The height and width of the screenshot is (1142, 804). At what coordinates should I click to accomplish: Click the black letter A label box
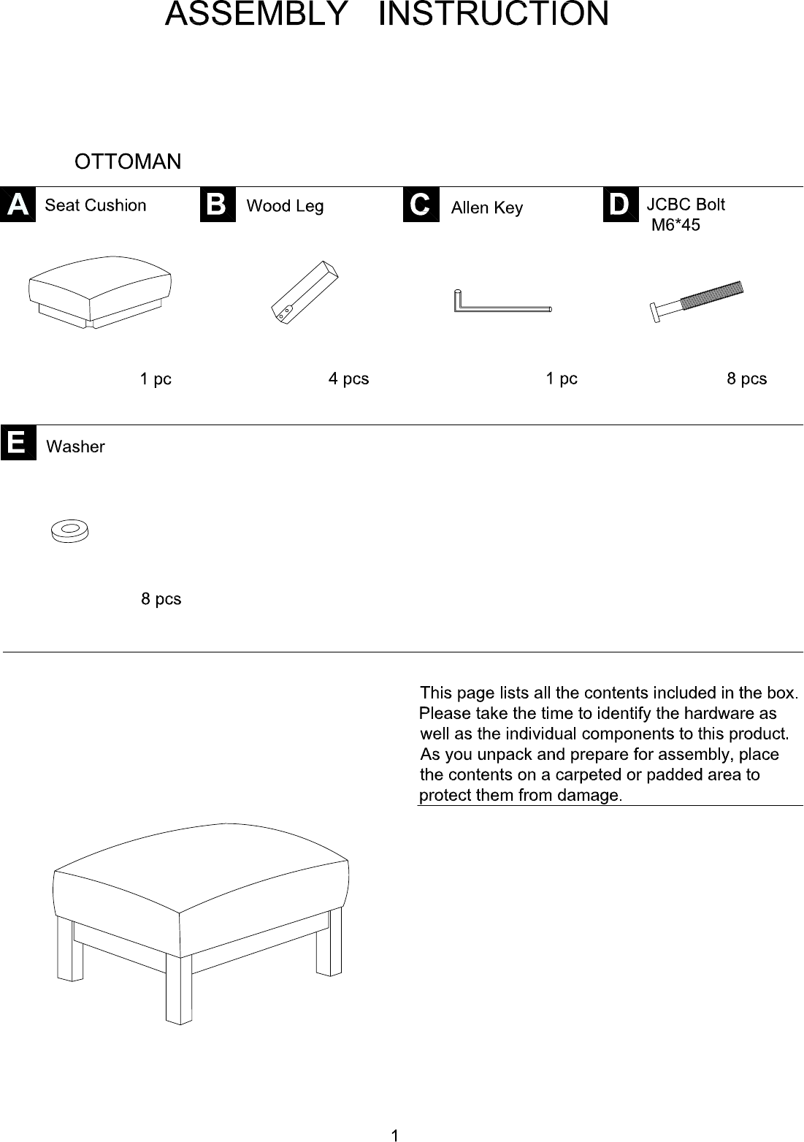[18, 205]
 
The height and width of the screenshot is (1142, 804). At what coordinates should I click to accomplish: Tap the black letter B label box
[218, 205]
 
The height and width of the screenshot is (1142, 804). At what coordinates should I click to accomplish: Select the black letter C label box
[421, 205]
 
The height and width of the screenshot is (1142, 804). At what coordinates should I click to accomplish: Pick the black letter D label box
[621, 205]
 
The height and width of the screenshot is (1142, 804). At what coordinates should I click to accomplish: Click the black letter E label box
[18, 443]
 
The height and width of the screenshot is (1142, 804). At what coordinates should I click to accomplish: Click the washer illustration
[70, 531]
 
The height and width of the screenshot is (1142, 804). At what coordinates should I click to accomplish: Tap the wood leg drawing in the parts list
[305, 293]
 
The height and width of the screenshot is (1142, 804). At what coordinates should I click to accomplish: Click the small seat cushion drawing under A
[100, 292]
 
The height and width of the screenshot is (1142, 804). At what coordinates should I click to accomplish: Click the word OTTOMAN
[128, 161]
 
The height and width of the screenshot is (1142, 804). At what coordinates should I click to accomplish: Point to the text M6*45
[675, 225]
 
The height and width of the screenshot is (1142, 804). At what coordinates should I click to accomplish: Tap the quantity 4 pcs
[348, 378]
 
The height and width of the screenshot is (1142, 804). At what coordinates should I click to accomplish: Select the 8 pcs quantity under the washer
[161, 598]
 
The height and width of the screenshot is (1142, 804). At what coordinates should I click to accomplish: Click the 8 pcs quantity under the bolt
[746, 378]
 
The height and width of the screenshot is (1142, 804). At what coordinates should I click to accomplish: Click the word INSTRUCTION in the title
[493, 14]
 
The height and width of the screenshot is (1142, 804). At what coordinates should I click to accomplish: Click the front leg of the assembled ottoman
[179, 989]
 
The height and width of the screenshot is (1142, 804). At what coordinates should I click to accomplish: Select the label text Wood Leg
[285, 206]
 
